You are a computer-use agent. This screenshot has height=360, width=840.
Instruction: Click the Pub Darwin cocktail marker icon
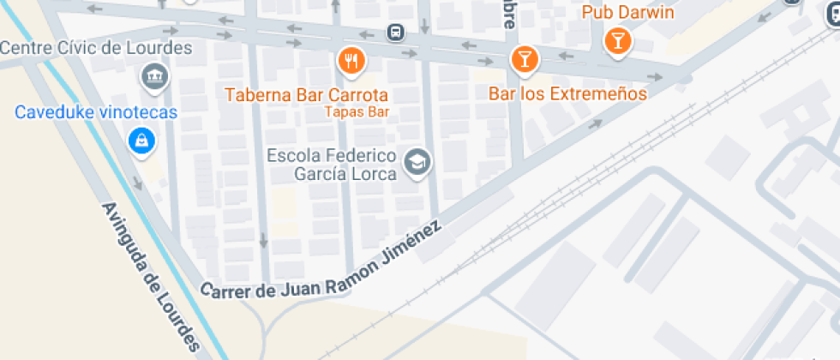(617, 39)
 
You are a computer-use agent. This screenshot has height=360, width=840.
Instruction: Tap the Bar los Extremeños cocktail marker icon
(523, 58)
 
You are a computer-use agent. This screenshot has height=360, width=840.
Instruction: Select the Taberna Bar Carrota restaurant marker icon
(351, 59)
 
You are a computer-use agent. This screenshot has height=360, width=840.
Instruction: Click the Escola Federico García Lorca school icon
(417, 161)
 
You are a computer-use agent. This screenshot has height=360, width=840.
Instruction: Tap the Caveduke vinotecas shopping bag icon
(141, 140)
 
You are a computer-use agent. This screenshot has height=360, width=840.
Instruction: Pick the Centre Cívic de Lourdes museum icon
(155, 75)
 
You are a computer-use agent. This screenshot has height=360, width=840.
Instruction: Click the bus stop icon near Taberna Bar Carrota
(395, 33)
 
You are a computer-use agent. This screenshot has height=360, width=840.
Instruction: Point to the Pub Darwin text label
(627, 13)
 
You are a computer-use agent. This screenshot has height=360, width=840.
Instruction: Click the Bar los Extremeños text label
(567, 93)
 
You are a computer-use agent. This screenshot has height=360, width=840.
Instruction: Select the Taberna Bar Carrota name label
(307, 95)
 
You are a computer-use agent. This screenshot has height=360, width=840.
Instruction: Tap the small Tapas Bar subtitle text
(357, 111)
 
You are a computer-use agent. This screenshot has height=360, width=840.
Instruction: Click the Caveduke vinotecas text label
(96, 112)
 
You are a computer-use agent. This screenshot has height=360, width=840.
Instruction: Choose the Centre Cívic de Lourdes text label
(95, 48)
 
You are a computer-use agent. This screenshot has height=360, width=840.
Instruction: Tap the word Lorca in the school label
(377, 174)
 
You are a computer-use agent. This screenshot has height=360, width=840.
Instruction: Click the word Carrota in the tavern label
(358, 95)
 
